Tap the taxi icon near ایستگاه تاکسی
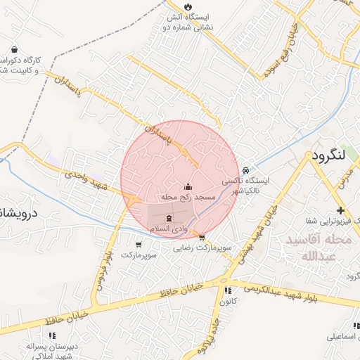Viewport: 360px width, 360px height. pyautogui.click(x=245, y=169)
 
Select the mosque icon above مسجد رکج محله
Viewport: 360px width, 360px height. pyautogui.click(x=188, y=187)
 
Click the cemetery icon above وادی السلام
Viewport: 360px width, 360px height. pyautogui.click(x=168, y=219)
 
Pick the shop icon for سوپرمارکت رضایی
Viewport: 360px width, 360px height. pyautogui.click(x=202, y=238)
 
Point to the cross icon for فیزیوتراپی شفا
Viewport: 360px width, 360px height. pyautogui.click(x=340, y=211)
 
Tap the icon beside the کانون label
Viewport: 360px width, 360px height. pyautogui.click(x=226, y=290)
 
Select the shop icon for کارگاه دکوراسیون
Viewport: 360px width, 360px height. pyautogui.click(x=15, y=50)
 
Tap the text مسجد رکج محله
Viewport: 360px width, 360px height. pyautogui.click(x=187, y=199)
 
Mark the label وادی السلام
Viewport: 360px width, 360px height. pyautogui.click(x=168, y=230)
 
